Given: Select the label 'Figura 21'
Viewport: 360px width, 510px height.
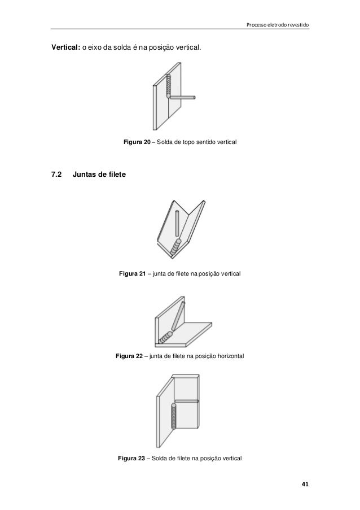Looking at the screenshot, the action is [132, 274].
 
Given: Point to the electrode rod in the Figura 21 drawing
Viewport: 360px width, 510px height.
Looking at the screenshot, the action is [177, 224].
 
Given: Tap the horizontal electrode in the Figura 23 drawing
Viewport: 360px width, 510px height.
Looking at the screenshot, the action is [186, 402].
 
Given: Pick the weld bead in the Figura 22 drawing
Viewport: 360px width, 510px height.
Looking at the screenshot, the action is [165, 338].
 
